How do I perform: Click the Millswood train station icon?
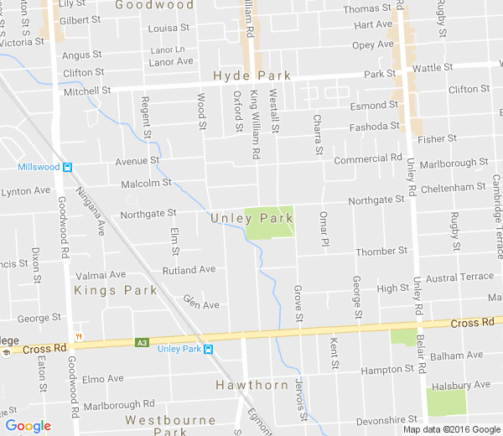click(x=67, y=166)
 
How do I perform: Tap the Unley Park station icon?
click(x=208, y=349)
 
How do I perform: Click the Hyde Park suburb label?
click(x=252, y=75)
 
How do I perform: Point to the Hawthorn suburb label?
click(x=251, y=385)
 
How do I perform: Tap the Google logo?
click(x=28, y=426)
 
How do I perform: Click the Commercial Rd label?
click(x=367, y=158)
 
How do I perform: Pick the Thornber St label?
click(x=381, y=251)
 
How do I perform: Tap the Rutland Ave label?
click(x=189, y=270)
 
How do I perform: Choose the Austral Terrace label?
click(x=460, y=277)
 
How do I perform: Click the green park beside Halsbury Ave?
click(x=445, y=402)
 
